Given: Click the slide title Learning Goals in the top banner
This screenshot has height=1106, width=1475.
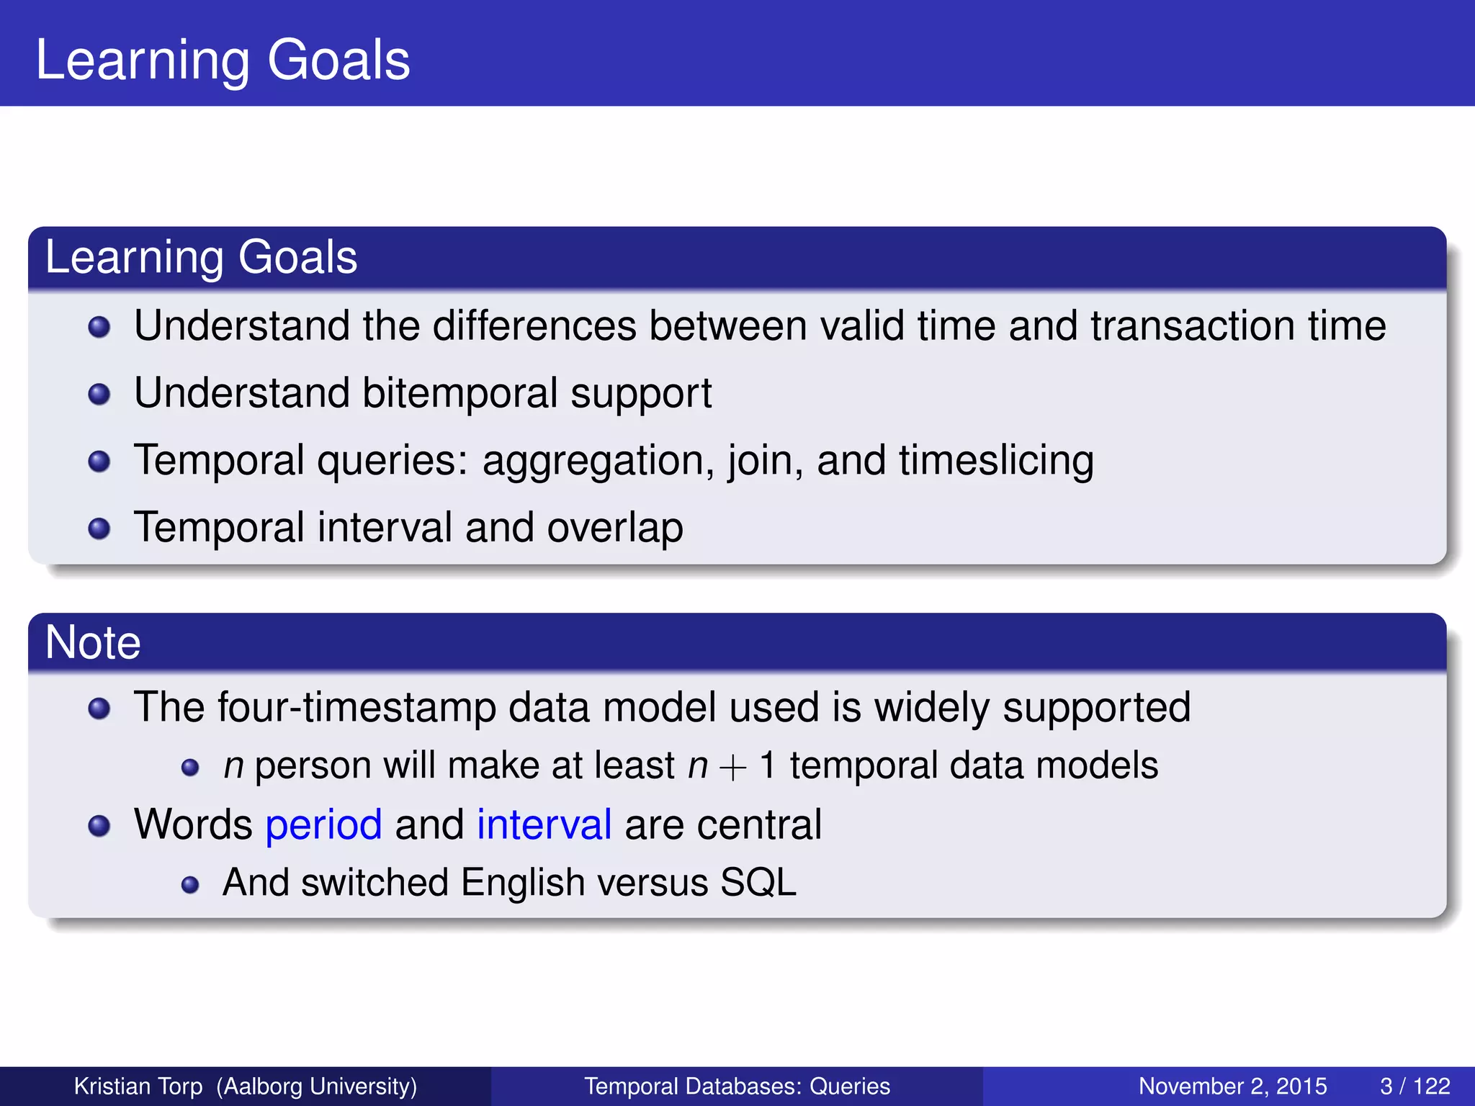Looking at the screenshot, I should [x=223, y=60].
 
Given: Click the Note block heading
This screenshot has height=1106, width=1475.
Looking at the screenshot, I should [x=93, y=642].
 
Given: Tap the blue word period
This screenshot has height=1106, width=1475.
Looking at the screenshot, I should [x=323, y=825].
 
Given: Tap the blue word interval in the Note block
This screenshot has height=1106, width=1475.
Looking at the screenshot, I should [x=544, y=825].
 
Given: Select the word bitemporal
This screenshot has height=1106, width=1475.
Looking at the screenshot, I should [x=459, y=394].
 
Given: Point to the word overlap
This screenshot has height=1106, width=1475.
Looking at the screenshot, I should [x=614, y=528].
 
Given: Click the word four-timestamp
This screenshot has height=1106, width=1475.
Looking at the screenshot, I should [x=356, y=708].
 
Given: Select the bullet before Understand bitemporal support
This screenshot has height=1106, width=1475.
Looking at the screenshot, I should [x=99, y=395].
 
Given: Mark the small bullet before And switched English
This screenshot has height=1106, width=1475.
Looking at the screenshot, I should [x=190, y=885].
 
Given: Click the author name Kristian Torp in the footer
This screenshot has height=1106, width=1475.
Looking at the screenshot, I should [x=138, y=1087].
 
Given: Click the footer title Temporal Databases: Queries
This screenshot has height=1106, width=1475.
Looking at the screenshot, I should [x=737, y=1087].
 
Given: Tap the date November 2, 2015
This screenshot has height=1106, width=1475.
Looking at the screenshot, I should [x=1232, y=1087].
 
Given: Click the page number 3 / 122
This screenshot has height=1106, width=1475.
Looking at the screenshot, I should [x=1415, y=1087].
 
